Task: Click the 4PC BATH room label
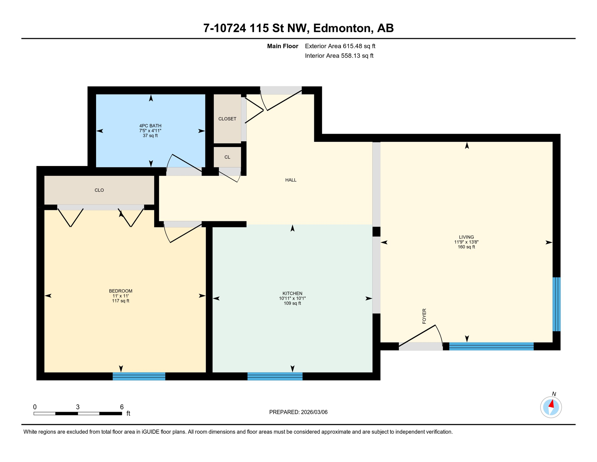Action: [x=150, y=126]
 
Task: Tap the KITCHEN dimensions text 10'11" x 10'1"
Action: [x=292, y=298]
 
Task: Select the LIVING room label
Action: [x=466, y=237]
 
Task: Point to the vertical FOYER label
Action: [x=424, y=316]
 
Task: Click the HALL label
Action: [x=291, y=180]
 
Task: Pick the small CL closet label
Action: [x=227, y=157]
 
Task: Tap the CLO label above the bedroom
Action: [x=99, y=190]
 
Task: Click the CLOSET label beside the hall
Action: [x=227, y=119]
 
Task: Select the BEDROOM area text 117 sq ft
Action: [x=120, y=301]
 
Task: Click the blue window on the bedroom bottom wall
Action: [x=139, y=376]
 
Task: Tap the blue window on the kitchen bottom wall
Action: [x=275, y=376]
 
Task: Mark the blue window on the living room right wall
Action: [x=556, y=304]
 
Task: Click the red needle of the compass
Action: [x=551, y=404]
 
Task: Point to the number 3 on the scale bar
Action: [x=78, y=407]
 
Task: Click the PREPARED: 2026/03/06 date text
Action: [x=298, y=412]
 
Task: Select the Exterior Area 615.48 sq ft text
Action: [x=340, y=46]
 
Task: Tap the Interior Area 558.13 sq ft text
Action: [x=339, y=56]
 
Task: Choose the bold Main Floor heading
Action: [x=283, y=46]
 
